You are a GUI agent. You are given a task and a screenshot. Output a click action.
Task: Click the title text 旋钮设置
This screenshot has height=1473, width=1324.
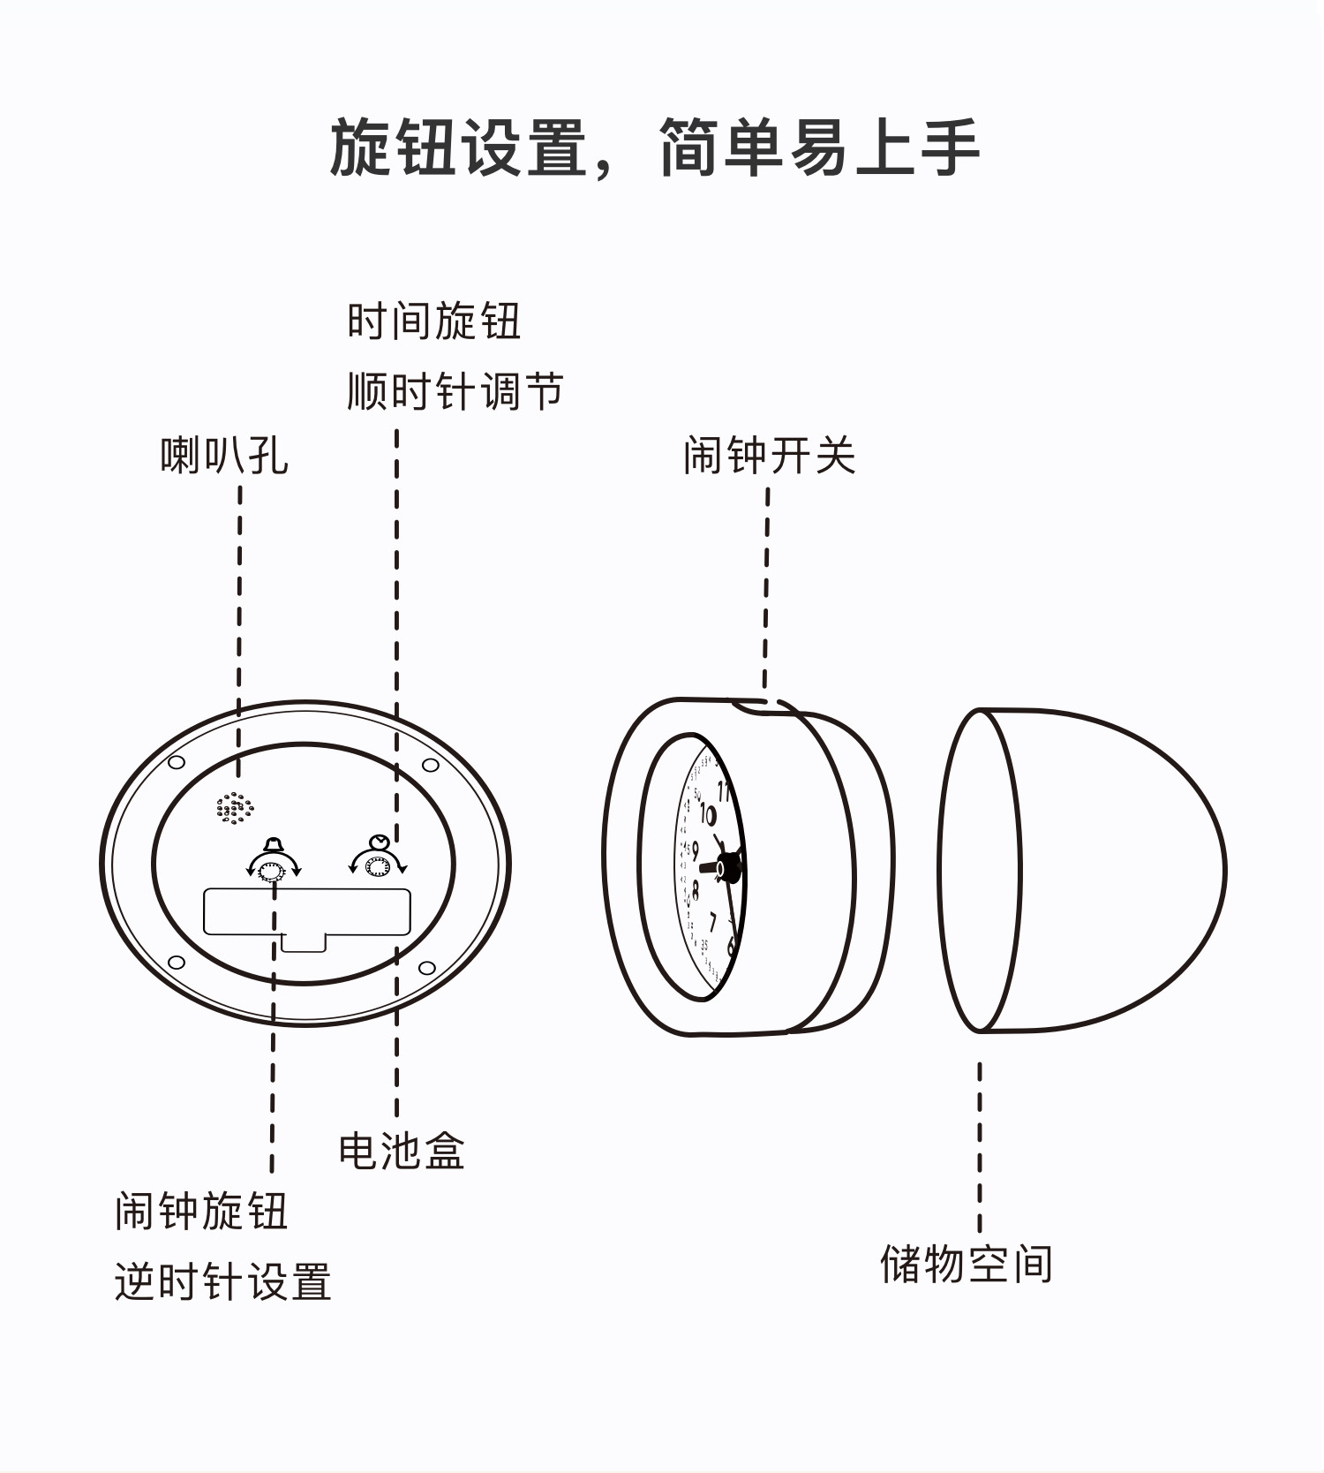tap(459, 147)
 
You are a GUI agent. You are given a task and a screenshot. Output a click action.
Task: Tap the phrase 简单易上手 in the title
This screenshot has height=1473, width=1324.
tap(820, 147)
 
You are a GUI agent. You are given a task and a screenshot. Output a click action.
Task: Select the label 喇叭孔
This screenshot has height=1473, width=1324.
tap(225, 456)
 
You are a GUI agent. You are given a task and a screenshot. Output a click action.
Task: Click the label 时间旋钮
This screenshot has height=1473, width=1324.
tap(434, 321)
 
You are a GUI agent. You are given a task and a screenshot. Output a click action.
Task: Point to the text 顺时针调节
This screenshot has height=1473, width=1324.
tap(455, 390)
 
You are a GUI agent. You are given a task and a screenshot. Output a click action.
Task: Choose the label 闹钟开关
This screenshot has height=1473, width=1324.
tap(770, 456)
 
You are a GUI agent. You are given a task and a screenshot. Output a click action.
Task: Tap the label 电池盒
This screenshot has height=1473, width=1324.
tap(402, 1151)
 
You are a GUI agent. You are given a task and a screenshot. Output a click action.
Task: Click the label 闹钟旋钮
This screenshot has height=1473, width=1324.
tap(201, 1211)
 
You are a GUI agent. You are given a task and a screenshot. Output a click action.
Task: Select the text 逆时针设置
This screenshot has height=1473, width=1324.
tap(223, 1281)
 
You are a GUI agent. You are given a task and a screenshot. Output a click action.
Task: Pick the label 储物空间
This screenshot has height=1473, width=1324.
tap(967, 1264)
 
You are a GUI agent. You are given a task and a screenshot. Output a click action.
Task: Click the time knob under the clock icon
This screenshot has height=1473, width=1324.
tap(378, 869)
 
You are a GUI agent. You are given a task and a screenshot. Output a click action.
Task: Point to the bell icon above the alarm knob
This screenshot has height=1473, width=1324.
tap(274, 844)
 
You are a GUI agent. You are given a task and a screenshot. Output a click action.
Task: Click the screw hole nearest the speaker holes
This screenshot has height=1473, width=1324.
tap(176, 762)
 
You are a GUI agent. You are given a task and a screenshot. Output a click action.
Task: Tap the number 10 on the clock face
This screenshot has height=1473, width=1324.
tap(708, 813)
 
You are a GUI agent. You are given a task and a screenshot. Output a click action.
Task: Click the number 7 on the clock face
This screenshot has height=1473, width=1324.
tap(712, 923)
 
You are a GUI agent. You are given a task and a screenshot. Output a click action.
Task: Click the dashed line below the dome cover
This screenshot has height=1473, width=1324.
tap(980, 1147)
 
